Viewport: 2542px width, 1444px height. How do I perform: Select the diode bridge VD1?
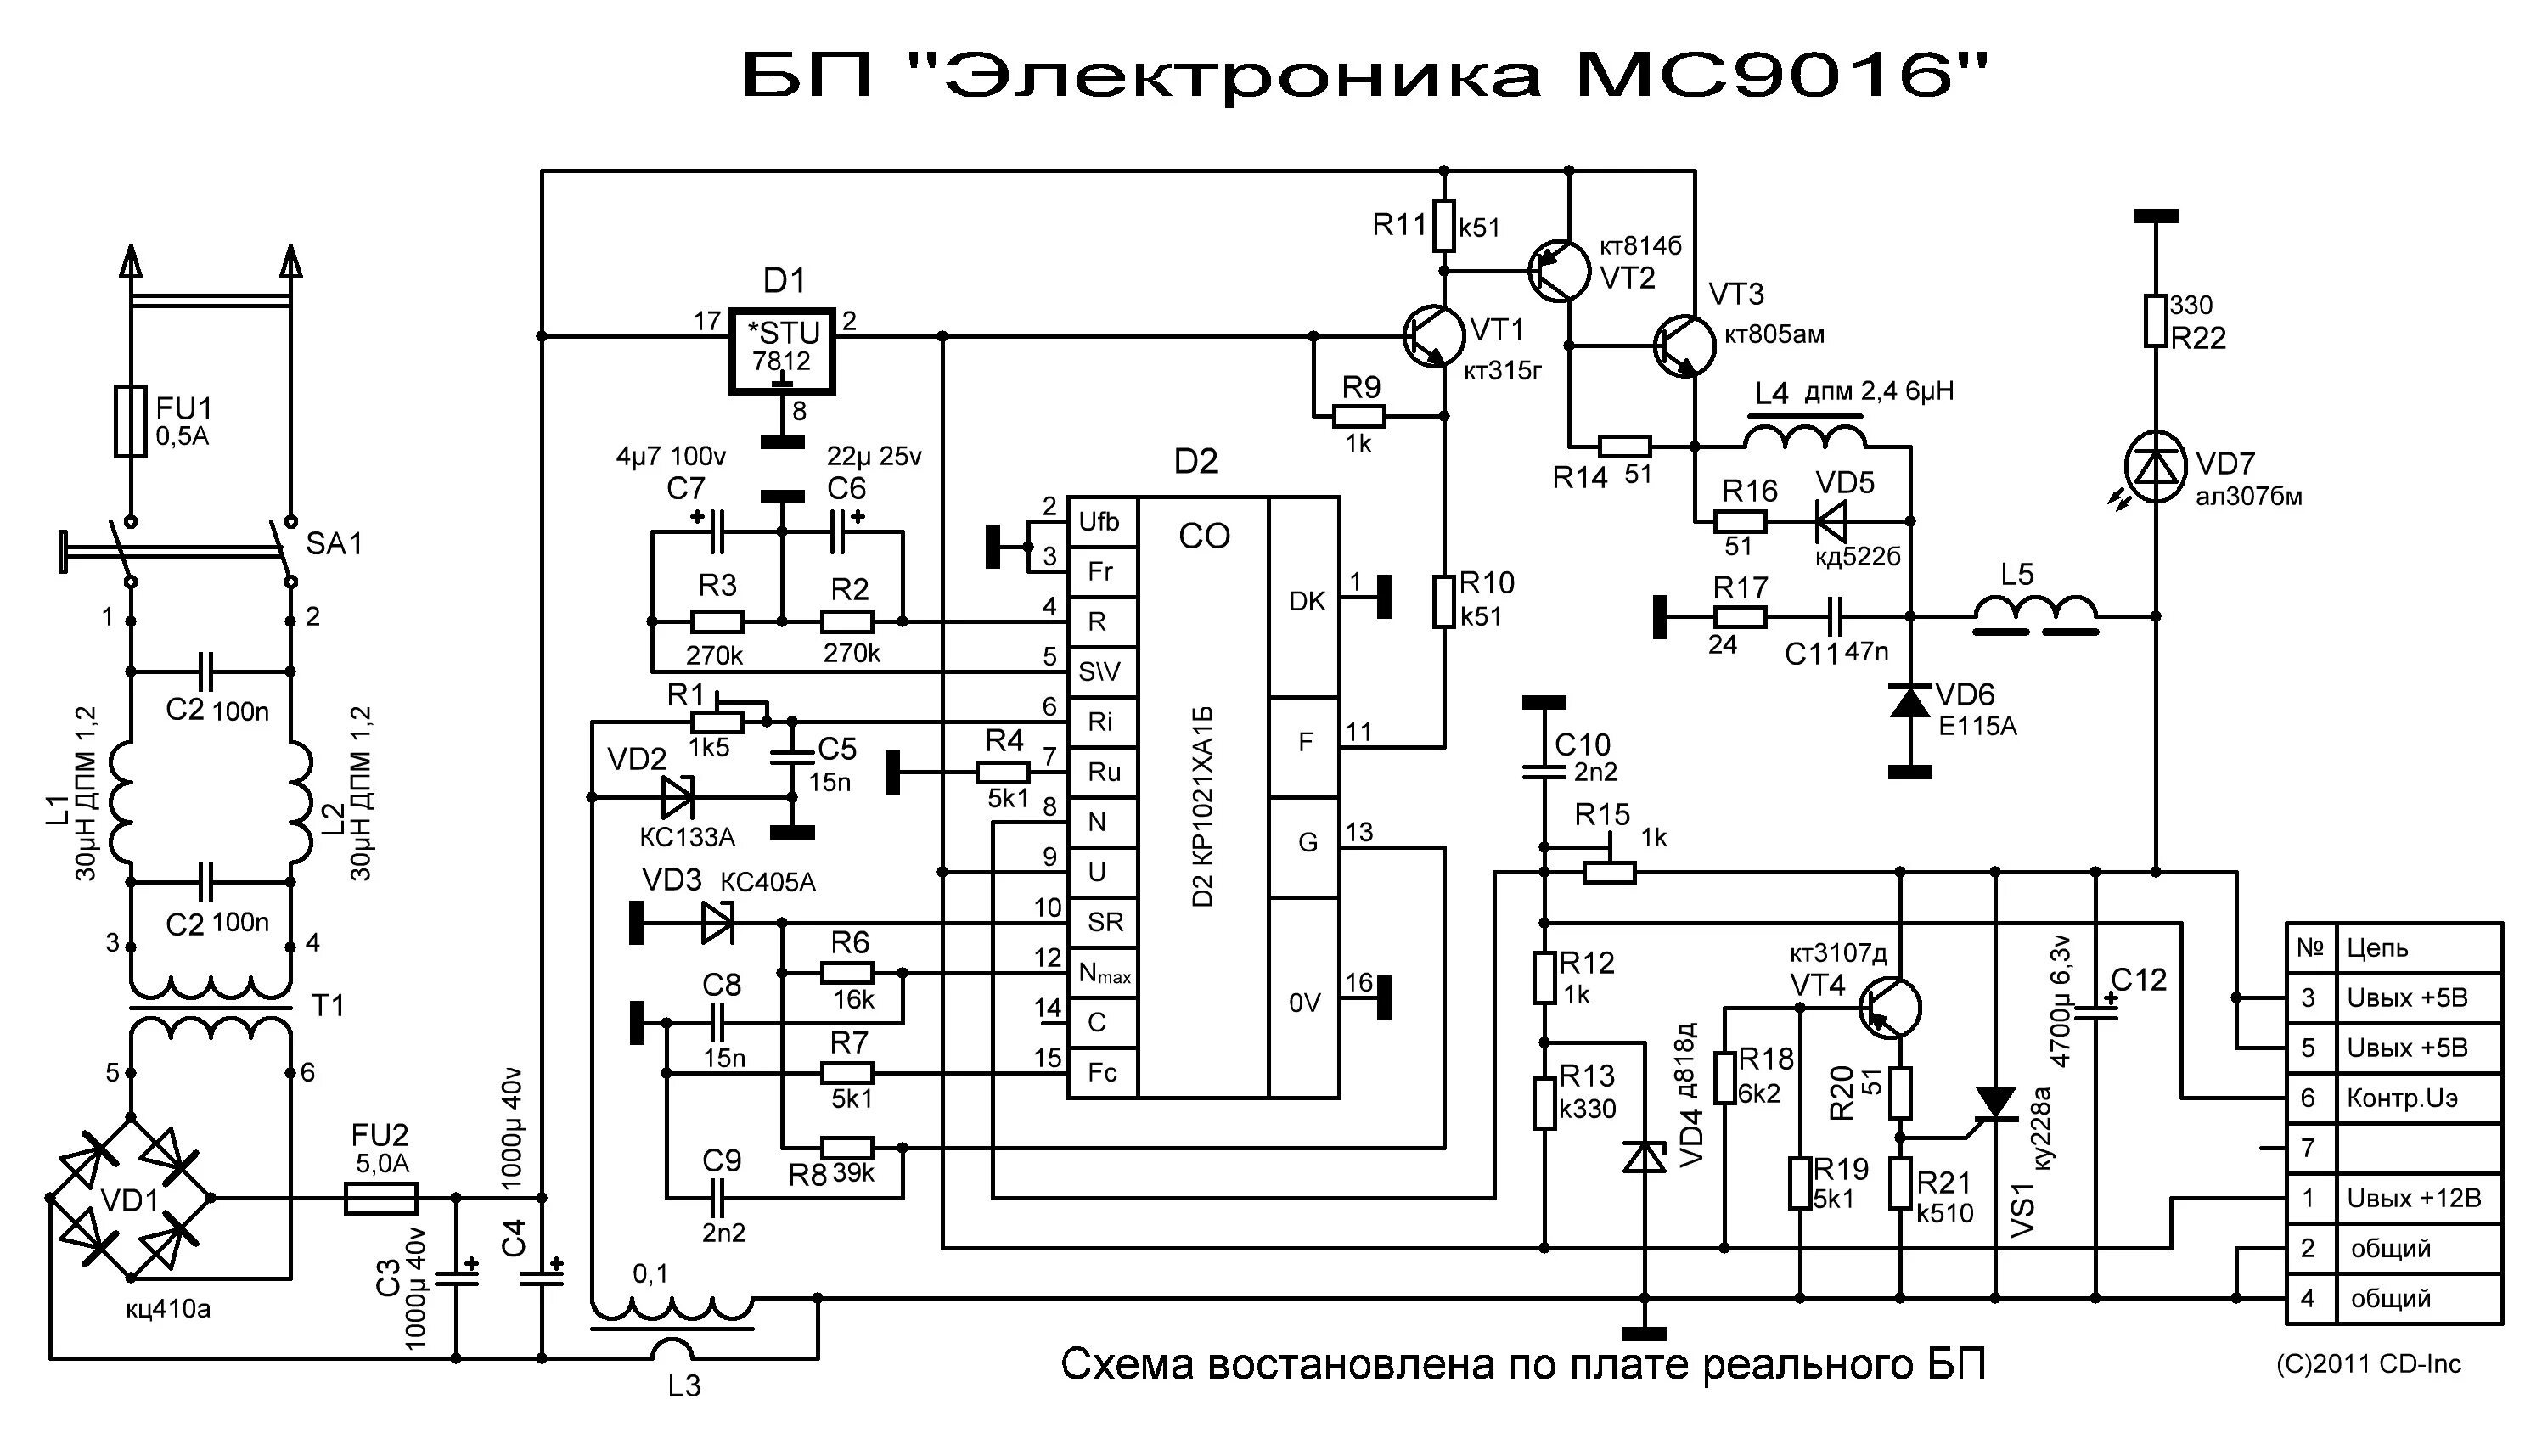(x=130, y=1199)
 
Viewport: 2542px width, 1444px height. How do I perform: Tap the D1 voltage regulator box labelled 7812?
(x=782, y=349)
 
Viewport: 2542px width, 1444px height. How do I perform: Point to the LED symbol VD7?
(x=2154, y=467)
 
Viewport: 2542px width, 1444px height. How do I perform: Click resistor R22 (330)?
(x=2154, y=320)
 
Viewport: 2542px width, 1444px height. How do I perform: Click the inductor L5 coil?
(x=2035, y=614)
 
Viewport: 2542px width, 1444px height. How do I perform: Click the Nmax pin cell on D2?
(x=1103, y=974)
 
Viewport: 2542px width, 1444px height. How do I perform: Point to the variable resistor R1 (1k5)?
(x=716, y=721)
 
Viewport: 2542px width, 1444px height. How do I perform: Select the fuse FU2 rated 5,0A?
(x=381, y=1198)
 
